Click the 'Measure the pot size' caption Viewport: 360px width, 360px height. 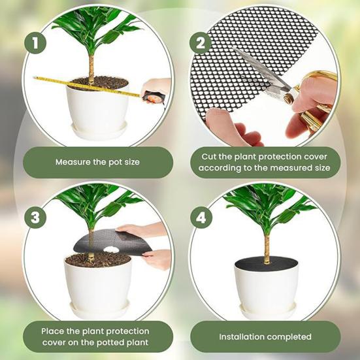click(x=97, y=162)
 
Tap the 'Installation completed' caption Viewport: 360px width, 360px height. click(x=265, y=337)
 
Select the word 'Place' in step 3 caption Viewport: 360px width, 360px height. click(x=55, y=331)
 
